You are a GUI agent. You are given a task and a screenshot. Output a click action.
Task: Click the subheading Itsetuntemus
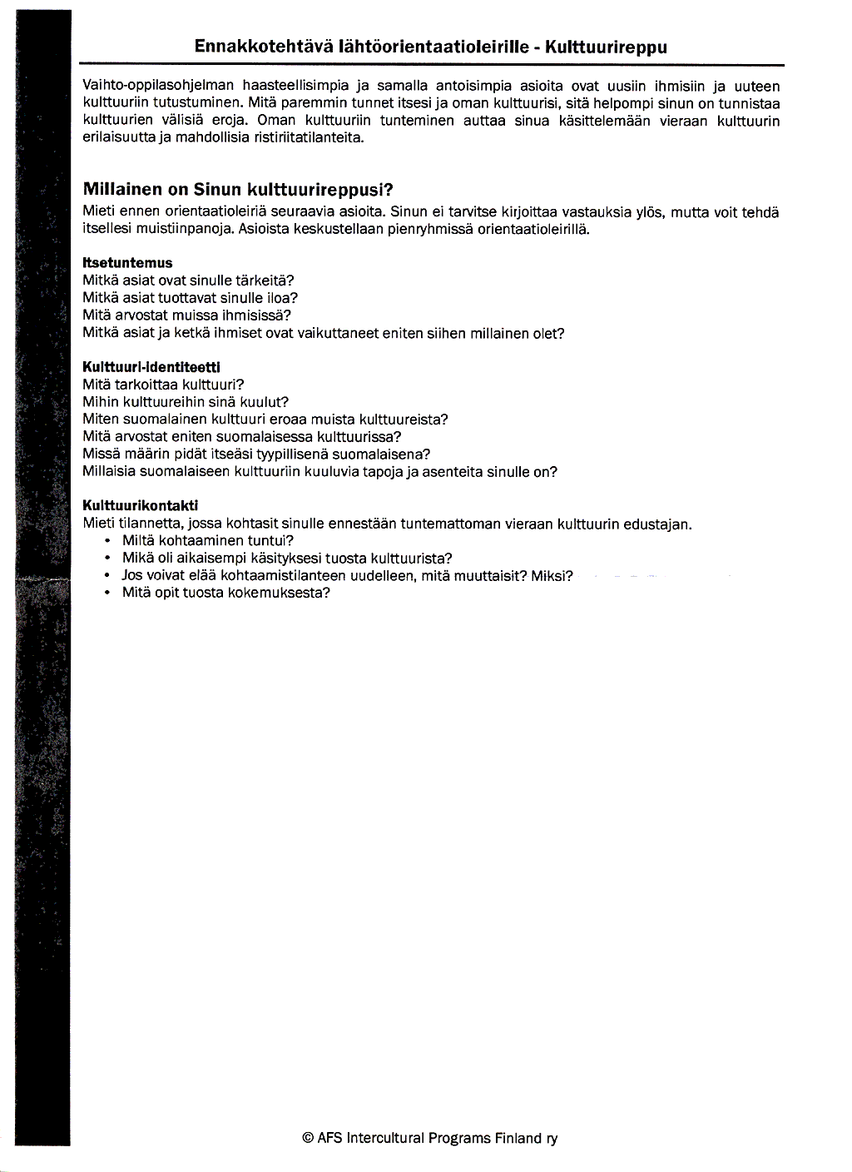[x=127, y=263]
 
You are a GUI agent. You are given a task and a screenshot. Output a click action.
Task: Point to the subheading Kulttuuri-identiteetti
[x=151, y=367]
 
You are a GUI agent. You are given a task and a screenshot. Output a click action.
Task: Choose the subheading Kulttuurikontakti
[x=141, y=506]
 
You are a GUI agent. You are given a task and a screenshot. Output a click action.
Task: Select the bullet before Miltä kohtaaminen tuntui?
[x=107, y=541]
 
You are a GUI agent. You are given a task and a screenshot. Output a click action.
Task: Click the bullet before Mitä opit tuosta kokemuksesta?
[x=107, y=593]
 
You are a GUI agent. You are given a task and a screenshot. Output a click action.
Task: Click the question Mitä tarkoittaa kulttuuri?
[x=164, y=385]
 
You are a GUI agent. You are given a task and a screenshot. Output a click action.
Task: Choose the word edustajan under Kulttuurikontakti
[x=659, y=524]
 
